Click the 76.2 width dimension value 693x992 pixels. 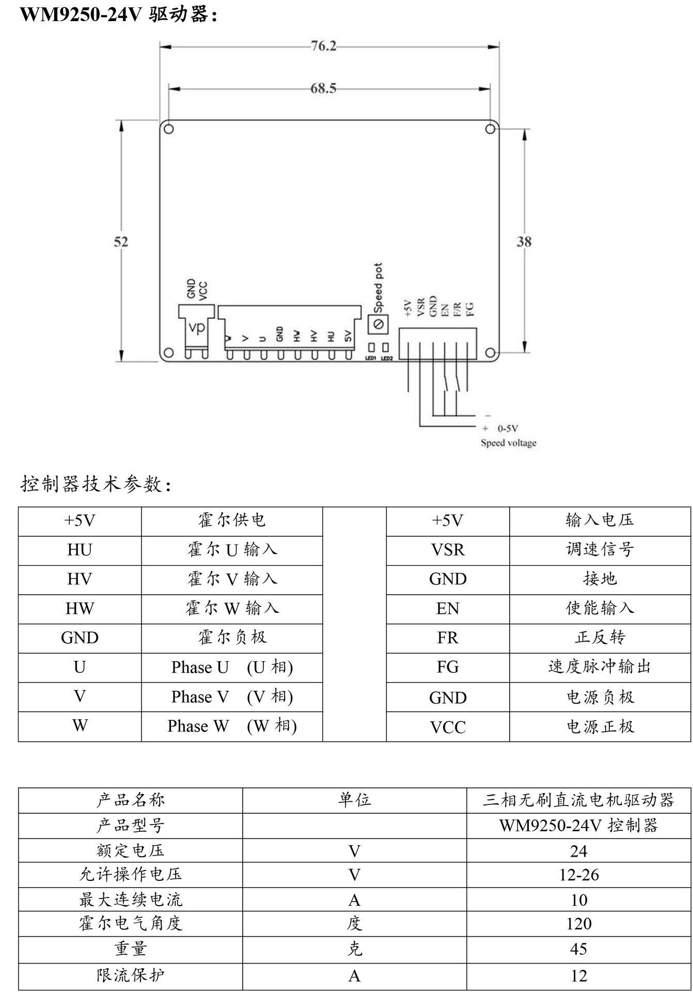point(323,47)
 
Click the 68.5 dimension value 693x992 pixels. point(323,89)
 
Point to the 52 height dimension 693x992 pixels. point(121,242)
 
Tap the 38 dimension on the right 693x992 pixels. point(524,242)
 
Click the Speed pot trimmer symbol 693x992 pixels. point(377,324)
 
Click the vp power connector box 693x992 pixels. point(196,327)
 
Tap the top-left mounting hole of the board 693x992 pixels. point(168,129)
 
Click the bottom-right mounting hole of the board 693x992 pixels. point(490,353)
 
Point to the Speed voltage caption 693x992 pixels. point(509,443)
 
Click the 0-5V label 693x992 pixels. point(508,428)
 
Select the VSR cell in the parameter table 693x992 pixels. point(448,550)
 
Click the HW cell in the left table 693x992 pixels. point(80,609)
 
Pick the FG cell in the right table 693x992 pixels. point(448,667)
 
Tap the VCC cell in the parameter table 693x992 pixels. point(448,727)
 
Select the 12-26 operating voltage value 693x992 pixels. point(579,875)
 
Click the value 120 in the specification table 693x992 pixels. point(579,924)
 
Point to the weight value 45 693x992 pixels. point(579,949)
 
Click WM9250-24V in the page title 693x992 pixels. point(81,14)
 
